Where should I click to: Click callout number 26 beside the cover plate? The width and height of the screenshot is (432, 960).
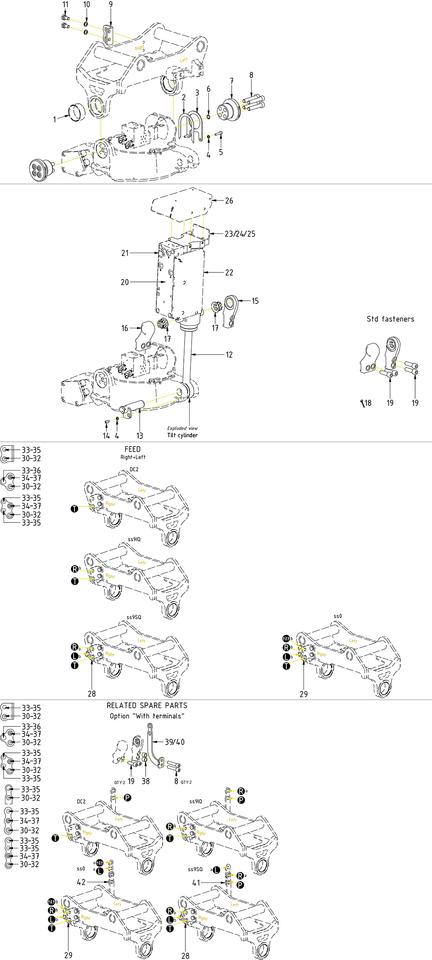(229, 200)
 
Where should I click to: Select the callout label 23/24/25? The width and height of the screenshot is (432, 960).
(240, 234)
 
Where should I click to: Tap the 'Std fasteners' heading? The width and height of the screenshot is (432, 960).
(390, 319)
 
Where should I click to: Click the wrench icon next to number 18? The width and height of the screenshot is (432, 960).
(362, 403)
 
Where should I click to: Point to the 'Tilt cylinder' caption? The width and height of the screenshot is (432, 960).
(182, 435)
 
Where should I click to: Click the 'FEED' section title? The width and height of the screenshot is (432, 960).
(132, 449)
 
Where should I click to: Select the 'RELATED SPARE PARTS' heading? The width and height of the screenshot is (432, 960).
(147, 705)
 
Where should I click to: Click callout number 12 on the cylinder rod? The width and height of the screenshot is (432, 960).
(229, 355)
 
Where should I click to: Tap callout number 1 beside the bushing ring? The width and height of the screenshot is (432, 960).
(55, 120)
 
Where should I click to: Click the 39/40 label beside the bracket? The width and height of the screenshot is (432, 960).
(174, 742)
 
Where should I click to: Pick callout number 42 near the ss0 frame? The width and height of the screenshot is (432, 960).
(81, 882)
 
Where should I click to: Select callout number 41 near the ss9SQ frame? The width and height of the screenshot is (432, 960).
(196, 883)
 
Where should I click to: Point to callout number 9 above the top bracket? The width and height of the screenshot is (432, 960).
(111, 4)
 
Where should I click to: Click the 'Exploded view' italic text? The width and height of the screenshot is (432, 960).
(182, 428)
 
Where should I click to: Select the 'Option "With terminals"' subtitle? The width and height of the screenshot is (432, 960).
(147, 716)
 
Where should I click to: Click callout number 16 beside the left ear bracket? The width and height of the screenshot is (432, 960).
(124, 328)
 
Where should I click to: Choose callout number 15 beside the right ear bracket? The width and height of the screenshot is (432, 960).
(255, 301)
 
